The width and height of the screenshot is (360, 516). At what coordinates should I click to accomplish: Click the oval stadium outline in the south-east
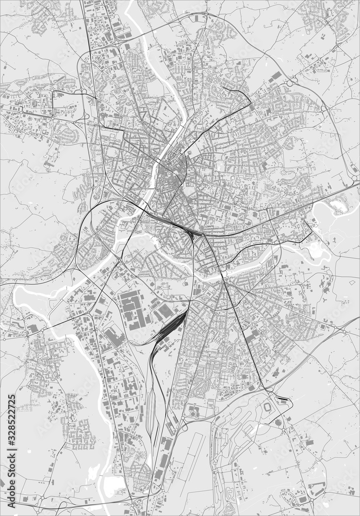pyautogui.click(x=268, y=407)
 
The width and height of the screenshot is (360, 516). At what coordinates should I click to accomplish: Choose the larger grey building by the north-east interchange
pyautogui.click(x=276, y=76)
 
